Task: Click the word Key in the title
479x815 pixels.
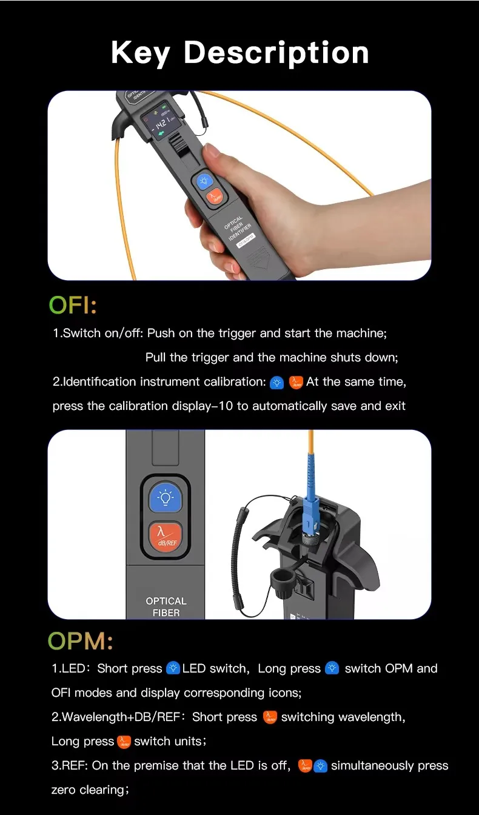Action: (x=141, y=53)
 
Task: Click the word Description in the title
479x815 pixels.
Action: (x=276, y=53)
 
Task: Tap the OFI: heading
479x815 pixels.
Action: (x=73, y=305)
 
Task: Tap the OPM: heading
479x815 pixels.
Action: (x=81, y=640)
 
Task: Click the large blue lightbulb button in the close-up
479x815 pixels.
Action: (x=166, y=498)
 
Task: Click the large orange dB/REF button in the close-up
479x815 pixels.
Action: (x=166, y=537)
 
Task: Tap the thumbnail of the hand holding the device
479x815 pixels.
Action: (x=239, y=186)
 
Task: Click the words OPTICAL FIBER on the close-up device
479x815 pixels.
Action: (x=166, y=607)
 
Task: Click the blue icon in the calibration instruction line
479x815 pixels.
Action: (x=276, y=383)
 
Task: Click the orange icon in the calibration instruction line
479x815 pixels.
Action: (x=296, y=383)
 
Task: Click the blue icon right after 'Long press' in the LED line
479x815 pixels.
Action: (x=332, y=668)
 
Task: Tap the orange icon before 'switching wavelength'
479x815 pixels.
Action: (x=270, y=717)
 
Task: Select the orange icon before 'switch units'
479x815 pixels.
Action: (x=124, y=742)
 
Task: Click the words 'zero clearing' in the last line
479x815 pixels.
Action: (x=89, y=790)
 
